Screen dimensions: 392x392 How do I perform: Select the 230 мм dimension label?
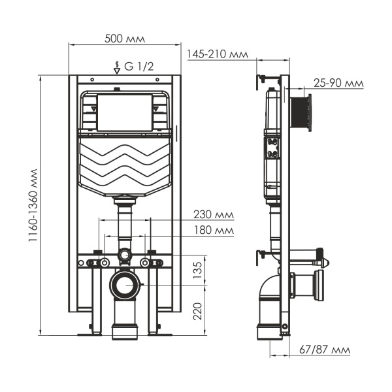pyautogui.click(x=214, y=214)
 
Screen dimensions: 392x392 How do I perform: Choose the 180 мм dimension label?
pyautogui.click(x=214, y=230)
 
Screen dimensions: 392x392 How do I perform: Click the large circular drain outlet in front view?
pyautogui.click(x=124, y=284)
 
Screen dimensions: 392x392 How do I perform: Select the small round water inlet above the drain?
pyautogui.click(x=124, y=255)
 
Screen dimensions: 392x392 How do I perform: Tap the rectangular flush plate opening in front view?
pyautogui.click(x=124, y=112)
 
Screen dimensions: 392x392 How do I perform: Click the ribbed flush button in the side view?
pyautogui.click(x=302, y=115)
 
